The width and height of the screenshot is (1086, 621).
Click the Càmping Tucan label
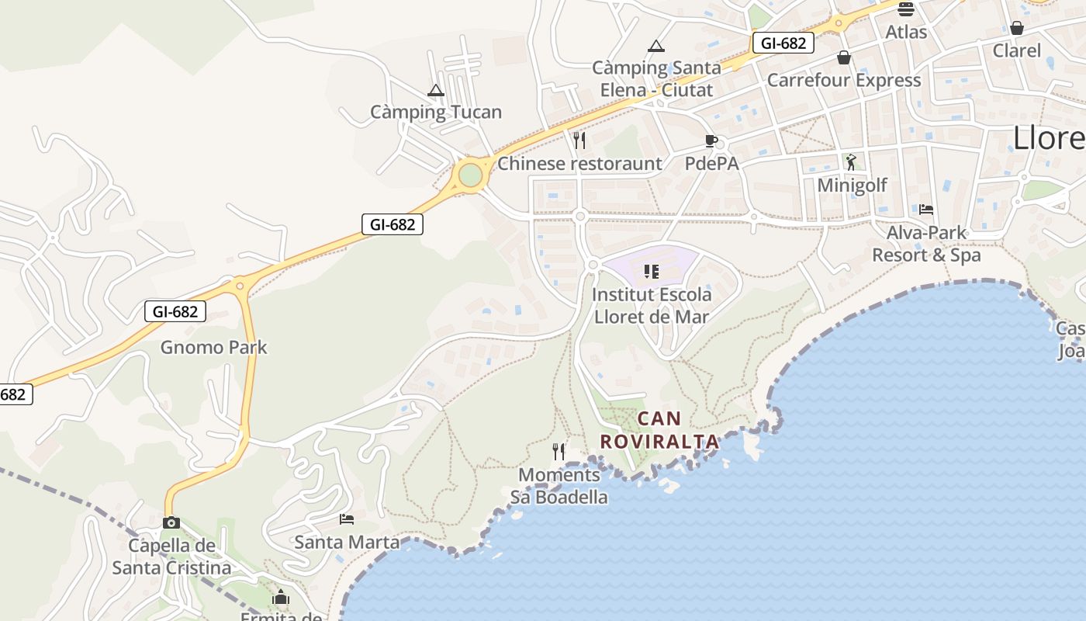436,112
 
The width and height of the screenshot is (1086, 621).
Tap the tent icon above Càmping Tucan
436,90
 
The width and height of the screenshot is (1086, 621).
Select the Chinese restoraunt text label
579,164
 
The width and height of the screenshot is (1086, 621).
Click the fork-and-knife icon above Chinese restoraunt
579,141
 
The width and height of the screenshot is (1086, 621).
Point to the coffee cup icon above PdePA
711,141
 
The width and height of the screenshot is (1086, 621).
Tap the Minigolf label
852,186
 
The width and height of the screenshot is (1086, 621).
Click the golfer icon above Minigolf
851,162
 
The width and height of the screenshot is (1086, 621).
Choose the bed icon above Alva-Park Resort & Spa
926,209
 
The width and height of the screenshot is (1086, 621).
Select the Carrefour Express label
844,80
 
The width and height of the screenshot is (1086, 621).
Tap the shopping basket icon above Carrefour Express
844,57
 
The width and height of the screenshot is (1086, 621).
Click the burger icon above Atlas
905,9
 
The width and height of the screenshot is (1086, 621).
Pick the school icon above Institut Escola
652,272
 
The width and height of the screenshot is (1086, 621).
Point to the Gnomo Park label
213,347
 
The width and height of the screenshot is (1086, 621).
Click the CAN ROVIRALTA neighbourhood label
659,430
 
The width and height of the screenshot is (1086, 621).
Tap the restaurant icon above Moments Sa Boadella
559,451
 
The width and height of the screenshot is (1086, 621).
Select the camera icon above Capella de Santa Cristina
171,522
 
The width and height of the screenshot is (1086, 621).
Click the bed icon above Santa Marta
347,519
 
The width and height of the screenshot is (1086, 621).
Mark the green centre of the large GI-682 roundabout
470,175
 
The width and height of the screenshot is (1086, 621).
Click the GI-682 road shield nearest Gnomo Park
175,312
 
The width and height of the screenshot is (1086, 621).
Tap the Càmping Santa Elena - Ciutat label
656,78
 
